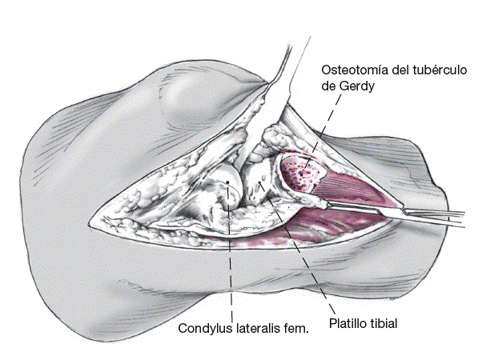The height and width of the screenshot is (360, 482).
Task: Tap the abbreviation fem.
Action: pos(296,328)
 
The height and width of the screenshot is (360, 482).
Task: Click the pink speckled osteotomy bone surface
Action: pos(303,170)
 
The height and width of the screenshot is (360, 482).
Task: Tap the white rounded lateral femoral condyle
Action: pos(223,180)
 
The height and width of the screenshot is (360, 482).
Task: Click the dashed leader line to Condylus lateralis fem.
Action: pos(231,256)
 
